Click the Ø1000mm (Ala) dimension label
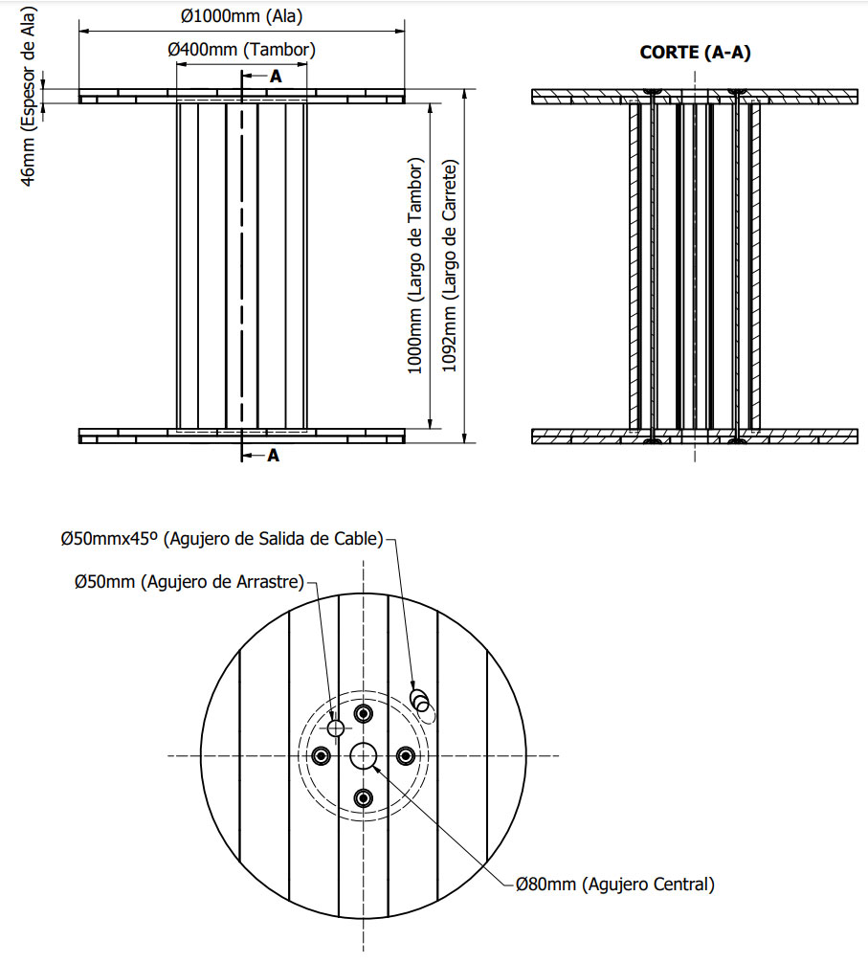pos(242,15)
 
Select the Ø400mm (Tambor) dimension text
pos(241,49)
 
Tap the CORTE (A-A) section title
pos(695,53)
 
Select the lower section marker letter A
pos(273,456)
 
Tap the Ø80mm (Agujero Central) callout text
pos(615,884)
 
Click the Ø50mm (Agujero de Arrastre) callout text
pos(189,581)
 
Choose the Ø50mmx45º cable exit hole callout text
pos(222,539)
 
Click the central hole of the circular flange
pos(363,756)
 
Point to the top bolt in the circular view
pos(363,714)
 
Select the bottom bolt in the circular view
pos(363,798)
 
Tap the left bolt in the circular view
pos(321,756)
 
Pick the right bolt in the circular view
pos(405,756)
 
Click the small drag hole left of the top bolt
pos(335,728)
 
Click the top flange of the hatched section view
pos(695,96)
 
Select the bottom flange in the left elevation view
pos(241,437)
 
